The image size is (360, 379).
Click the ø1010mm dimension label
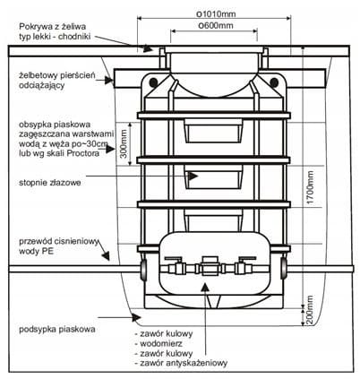click(216, 13)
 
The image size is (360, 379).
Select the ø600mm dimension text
click(216, 25)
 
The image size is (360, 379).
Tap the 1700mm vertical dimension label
click(311, 187)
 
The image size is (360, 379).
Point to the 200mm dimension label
click(311, 310)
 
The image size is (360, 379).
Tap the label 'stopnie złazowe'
click(50, 183)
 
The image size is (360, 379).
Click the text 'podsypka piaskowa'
click(57, 330)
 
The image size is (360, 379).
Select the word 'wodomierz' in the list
click(161, 343)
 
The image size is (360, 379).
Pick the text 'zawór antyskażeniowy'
click(181, 363)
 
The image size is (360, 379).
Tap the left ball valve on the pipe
click(176, 266)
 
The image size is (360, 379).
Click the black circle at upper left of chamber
click(154, 82)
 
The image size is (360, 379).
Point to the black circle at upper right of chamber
click(274, 82)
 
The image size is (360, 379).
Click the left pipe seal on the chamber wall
click(143, 269)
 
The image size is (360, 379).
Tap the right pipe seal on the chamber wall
click(284, 268)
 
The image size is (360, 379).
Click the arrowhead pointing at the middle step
click(193, 176)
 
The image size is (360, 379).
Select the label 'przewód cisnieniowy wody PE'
click(58, 246)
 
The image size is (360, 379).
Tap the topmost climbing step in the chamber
click(213, 131)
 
